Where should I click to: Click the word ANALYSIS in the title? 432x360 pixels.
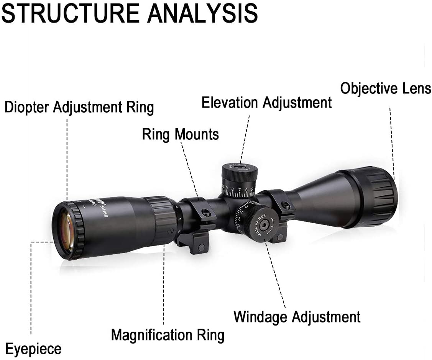click(x=202, y=13)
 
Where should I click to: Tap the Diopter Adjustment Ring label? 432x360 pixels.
click(x=79, y=108)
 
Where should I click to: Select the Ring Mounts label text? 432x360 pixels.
click(x=180, y=134)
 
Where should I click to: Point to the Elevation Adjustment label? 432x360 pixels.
click(x=266, y=103)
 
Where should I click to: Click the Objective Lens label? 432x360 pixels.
click(x=386, y=88)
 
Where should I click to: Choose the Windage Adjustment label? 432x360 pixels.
click(x=297, y=317)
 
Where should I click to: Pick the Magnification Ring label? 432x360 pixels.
click(x=168, y=335)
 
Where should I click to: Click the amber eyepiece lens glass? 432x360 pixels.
click(x=66, y=231)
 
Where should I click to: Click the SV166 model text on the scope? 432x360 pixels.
click(x=104, y=210)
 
